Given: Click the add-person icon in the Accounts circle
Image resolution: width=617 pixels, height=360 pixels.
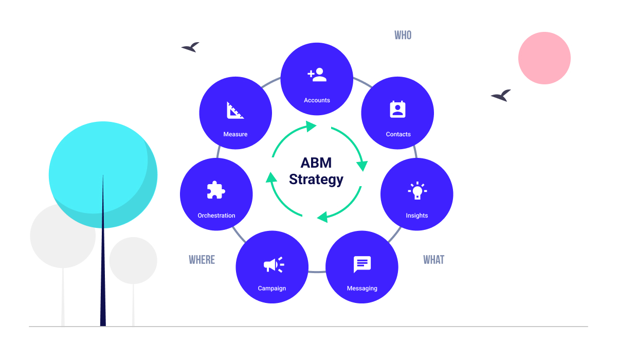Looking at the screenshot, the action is (317, 75).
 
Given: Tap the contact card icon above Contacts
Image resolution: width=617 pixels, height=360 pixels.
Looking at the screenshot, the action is (397, 110).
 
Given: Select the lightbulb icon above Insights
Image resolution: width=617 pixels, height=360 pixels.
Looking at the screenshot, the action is (417, 191).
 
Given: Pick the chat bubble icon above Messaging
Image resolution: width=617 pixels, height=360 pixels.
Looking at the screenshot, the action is (362, 264).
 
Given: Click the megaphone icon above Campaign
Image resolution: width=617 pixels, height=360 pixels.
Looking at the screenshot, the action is (273, 264).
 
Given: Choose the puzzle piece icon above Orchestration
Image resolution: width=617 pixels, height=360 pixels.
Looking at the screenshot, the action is (216, 190).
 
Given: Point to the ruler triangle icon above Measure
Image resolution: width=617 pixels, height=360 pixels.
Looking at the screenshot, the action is (235, 110).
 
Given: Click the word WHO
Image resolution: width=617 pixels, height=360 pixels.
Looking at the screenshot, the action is (403, 35).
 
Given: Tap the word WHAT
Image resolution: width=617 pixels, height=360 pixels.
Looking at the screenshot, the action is (433, 260).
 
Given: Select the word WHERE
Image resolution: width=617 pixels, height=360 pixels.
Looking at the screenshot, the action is (202, 260).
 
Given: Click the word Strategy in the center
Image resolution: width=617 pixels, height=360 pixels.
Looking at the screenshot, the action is (316, 179).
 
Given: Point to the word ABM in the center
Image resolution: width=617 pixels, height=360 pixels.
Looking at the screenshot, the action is (316, 163).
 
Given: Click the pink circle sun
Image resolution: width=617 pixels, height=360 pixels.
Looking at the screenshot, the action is (544, 58).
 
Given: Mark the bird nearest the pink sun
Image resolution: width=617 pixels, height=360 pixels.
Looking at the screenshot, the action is (501, 96).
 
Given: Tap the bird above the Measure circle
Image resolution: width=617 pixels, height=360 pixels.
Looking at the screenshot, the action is (190, 47).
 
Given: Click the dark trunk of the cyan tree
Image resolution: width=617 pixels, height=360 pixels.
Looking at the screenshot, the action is (103, 267).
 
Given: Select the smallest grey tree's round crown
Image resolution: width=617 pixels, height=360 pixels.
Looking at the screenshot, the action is (133, 260).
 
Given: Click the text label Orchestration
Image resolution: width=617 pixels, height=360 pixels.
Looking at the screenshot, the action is (216, 215).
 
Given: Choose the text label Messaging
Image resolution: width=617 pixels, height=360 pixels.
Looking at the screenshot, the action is (362, 289).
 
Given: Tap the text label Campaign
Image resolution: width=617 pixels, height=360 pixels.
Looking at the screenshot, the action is (271, 289).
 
